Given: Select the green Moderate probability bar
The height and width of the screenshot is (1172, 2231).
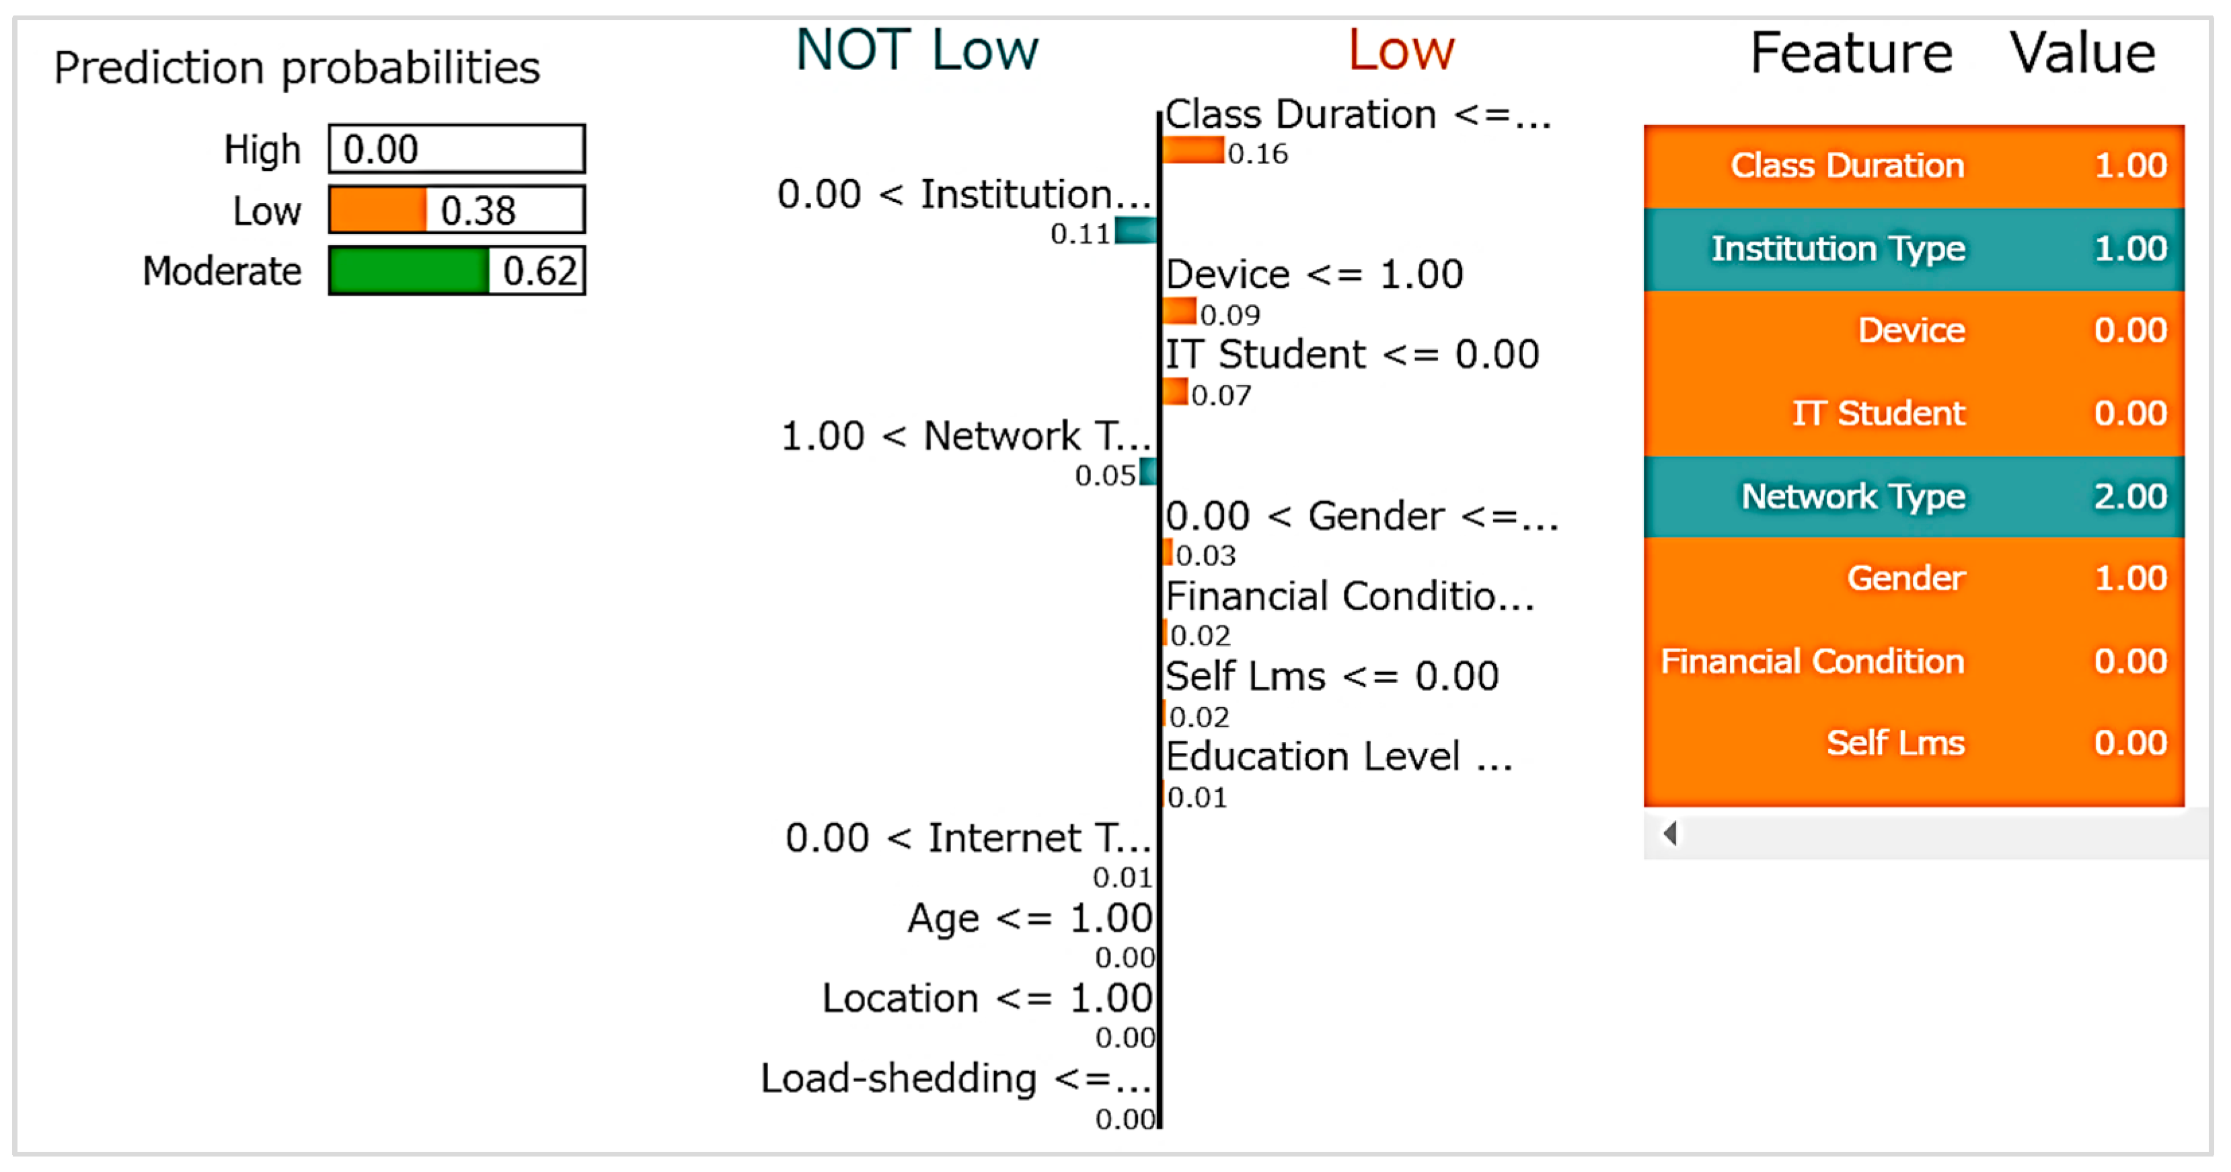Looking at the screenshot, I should pos(409,271).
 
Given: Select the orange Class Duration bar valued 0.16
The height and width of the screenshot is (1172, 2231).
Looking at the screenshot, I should pos(1193,151).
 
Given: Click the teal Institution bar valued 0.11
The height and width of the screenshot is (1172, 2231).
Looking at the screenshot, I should pos(1135,230).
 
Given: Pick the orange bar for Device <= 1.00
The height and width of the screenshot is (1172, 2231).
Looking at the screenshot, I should pos(1180,311).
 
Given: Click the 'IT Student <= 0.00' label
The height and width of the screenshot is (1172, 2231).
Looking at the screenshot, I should pos(1351,355).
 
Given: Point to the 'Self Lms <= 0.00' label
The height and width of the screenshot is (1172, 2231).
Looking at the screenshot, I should pos(1331,677).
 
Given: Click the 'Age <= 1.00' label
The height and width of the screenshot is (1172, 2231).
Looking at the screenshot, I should pos(1029,918).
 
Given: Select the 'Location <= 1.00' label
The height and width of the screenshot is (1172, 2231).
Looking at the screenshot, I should pos(987,998).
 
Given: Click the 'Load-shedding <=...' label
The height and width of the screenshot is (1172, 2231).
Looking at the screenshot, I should pos(955,1079).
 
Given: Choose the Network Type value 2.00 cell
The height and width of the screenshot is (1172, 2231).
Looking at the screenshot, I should pos(2129,497).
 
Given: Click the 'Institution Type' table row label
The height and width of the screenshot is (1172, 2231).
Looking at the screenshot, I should pos(1838,249).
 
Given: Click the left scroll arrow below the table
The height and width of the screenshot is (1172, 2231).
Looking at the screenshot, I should pos(1671,834).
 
